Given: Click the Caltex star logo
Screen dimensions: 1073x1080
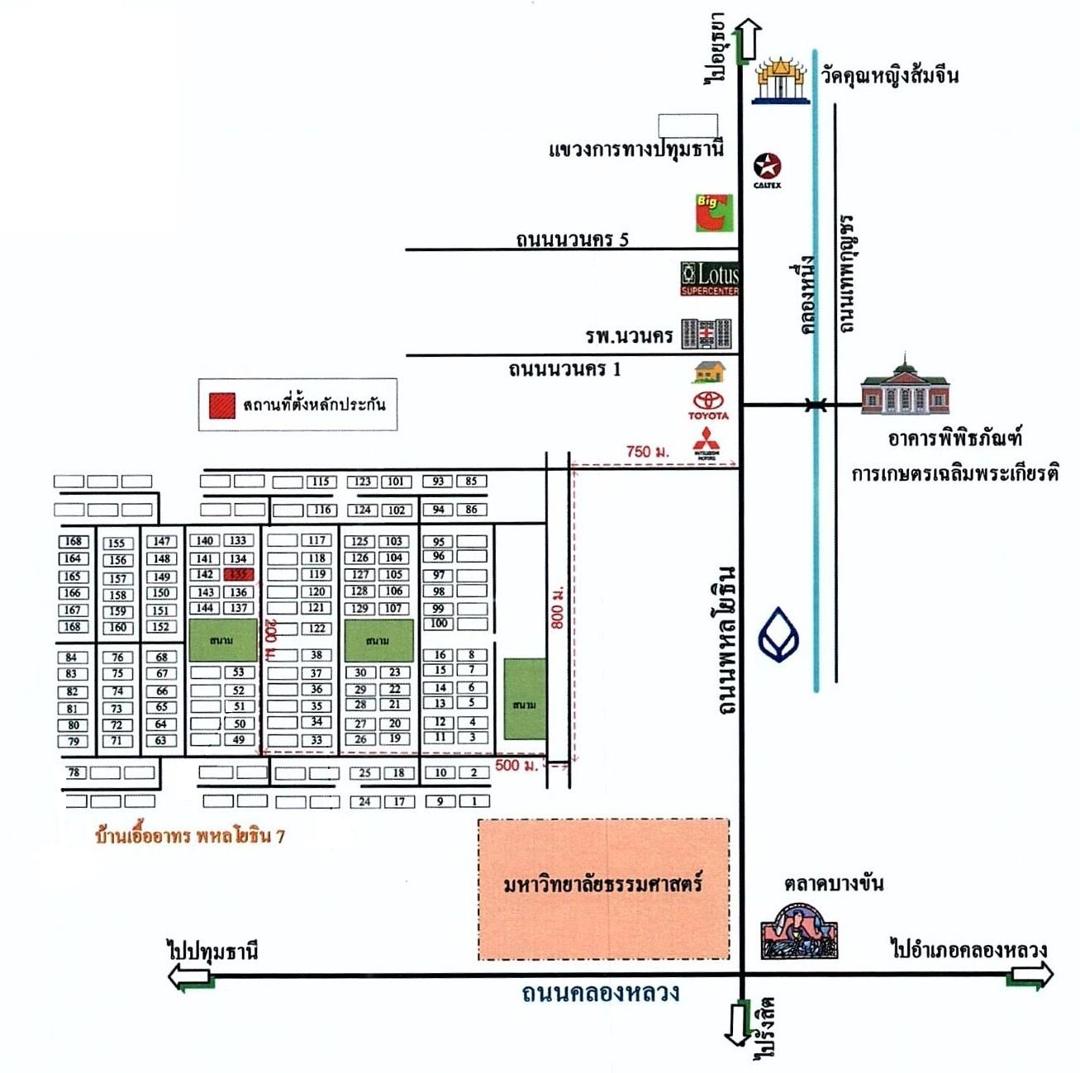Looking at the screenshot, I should click(x=768, y=166).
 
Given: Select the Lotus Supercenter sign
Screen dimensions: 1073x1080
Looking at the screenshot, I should click(x=710, y=278).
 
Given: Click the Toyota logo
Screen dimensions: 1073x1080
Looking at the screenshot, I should click(x=708, y=404).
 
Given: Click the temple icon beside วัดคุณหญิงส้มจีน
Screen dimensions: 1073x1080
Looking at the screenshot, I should click(x=781, y=80).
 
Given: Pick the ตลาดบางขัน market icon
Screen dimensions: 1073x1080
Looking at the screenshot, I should click(x=798, y=930).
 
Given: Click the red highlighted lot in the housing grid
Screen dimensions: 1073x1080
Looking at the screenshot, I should click(x=238, y=575).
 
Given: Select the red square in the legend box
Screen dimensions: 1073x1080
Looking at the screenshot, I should click(x=221, y=405).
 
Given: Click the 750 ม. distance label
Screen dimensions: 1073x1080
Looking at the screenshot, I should click(x=647, y=452).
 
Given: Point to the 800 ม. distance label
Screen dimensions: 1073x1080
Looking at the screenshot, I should click(x=559, y=608).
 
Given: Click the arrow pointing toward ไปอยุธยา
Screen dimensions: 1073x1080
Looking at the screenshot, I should click(x=747, y=39).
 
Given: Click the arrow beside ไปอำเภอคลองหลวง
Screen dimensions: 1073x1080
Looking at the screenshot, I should click(x=1030, y=976).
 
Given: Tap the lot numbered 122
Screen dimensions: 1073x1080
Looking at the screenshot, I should click(x=317, y=629).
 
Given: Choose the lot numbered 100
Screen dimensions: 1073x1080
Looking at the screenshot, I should click(x=439, y=624).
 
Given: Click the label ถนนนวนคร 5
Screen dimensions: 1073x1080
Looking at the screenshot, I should click(x=572, y=240).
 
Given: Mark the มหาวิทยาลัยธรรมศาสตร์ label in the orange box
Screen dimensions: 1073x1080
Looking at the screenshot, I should click(x=603, y=885).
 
